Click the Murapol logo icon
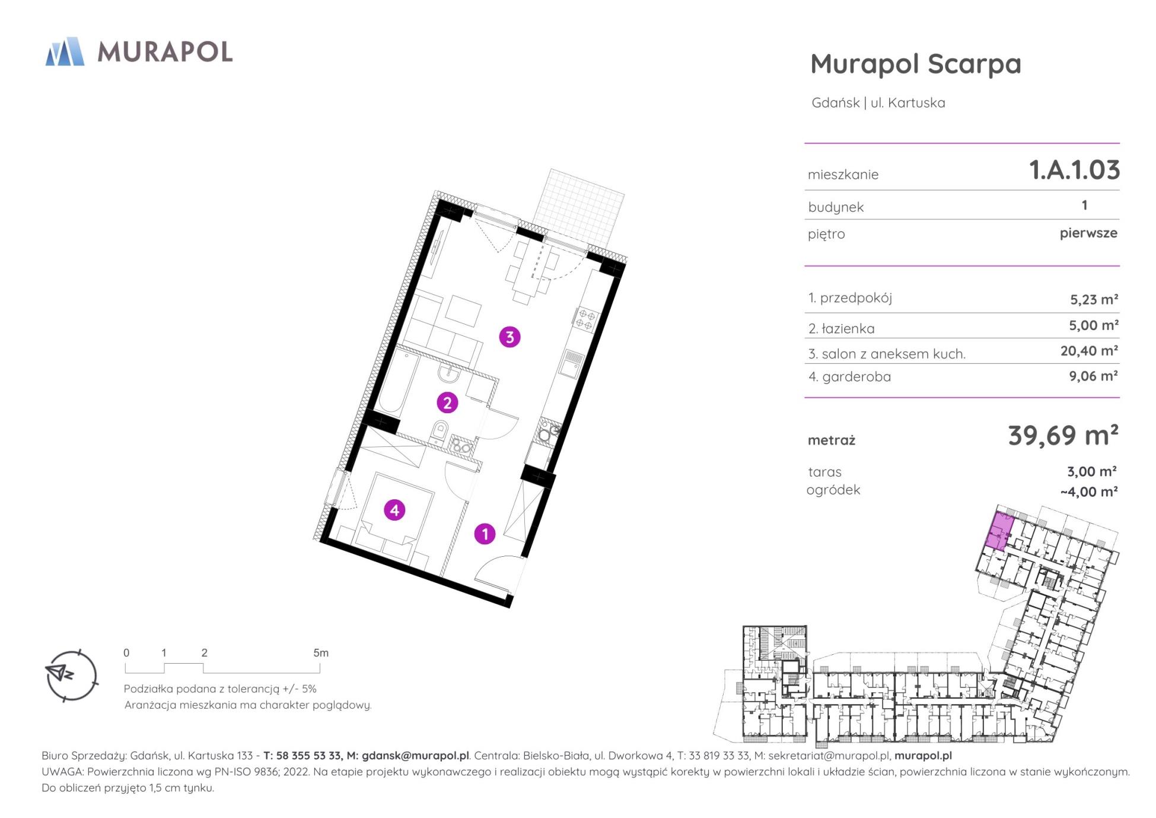(x=65, y=52)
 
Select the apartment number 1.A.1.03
(x=1074, y=170)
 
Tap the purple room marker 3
(x=509, y=337)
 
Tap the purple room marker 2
(x=447, y=402)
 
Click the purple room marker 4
(x=394, y=510)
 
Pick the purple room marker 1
(x=485, y=534)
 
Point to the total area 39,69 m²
(x=1063, y=435)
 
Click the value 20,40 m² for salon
(x=1089, y=351)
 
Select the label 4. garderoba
(x=849, y=376)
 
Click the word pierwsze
(x=1088, y=233)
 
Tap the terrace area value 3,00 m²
(x=1092, y=471)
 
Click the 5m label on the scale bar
(x=321, y=653)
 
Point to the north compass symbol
(x=71, y=676)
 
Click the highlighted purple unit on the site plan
(x=999, y=531)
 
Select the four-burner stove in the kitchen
(x=585, y=319)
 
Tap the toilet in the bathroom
(x=440, y=432)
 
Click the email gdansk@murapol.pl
(x=415, y=756)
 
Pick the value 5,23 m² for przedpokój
(x=1094, y=299)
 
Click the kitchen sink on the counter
(x=571, y=362)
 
